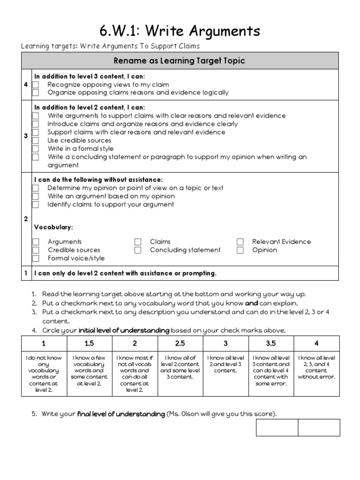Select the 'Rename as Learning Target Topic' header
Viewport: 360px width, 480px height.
coord(180,61)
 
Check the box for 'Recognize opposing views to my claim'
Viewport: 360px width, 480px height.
coord(36,85)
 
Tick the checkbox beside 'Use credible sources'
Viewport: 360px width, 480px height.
coord(36,141)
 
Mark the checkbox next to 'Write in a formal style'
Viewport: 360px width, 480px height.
coord(36,149)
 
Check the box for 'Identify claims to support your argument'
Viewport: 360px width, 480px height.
coord(36,205)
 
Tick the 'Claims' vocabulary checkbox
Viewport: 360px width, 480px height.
coord(138,242)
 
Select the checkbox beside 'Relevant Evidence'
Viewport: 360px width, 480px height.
coord(240,242)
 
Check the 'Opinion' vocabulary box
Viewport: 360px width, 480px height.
coord(240,250)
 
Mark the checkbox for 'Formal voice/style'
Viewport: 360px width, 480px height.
coord(36,259)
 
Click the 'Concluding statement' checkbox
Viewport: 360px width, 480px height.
coord(138,250)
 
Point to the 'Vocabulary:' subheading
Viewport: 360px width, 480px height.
coord(53,227)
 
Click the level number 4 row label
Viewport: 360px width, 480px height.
coord(26,84)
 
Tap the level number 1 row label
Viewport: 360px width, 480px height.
coord(26,273)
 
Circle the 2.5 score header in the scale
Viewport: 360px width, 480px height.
coord(180,344)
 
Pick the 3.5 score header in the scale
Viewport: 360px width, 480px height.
coord(271,344)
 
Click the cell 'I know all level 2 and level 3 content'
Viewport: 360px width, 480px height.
coord(225,364)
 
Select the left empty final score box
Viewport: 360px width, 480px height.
coord(277,427)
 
